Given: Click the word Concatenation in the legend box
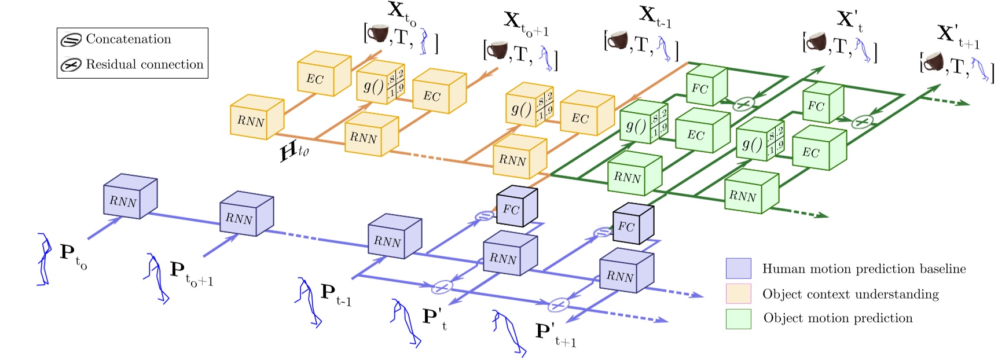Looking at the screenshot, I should pos(128,39).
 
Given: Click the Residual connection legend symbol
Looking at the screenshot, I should pos(71,65).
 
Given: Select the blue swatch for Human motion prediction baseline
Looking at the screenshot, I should pos(738,269).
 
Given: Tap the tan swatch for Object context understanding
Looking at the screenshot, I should pos(738,293).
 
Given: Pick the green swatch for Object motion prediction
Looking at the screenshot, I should pos(738,318).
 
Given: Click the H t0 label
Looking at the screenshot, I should pos(294,152).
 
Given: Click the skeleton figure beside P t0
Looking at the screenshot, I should pos(43,259).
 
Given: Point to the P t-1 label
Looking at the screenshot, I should pos(335,294).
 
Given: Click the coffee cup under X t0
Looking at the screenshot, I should pos(379,33).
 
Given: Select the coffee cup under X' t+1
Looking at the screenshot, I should pos(933,61).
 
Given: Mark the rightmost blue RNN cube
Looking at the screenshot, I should pos(626,273).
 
